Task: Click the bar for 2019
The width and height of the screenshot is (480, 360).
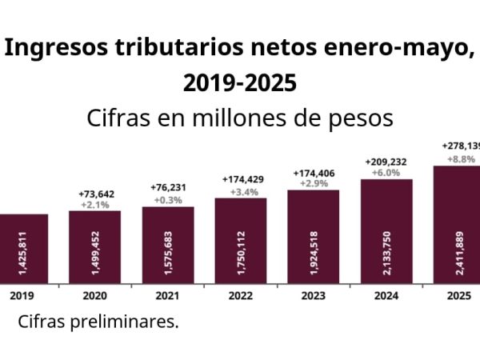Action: [22, 249]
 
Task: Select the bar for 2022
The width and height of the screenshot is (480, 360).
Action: [240, 241]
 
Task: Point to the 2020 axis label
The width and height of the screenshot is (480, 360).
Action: [94, 294]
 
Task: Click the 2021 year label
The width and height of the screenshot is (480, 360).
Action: [167, 294]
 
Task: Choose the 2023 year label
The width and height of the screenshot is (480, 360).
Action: [314, 294]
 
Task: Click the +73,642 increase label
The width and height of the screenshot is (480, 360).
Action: [94, 194]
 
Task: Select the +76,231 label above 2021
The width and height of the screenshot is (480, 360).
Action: [167, 188]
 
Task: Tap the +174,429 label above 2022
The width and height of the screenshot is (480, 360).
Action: [240, 180]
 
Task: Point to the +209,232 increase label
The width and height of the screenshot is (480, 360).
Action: [386, 161]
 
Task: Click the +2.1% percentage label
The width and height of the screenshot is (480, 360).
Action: [94, 205]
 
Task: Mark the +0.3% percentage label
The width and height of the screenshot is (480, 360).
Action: [167, 199]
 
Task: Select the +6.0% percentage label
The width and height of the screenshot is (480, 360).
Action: [386, 172]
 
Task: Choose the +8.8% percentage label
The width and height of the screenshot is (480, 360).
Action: [459, 158]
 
